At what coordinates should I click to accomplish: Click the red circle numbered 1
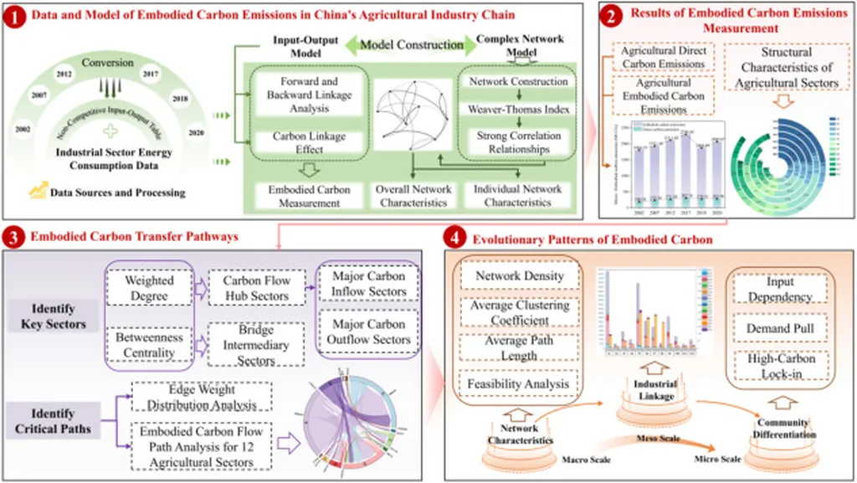[x=15, y=15]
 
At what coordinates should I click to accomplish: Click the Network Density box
[x=519, y=275]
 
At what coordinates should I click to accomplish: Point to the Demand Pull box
[x=779, y=329]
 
